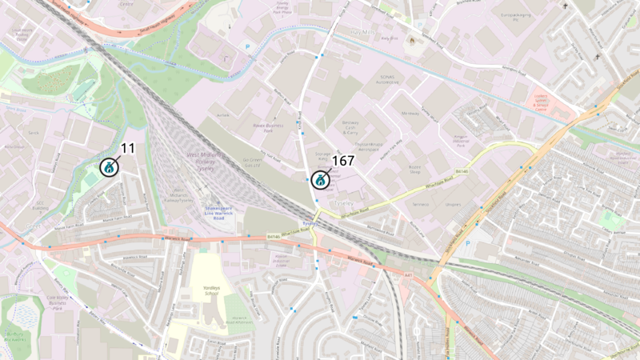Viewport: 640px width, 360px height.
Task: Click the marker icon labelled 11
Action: click(108, 168)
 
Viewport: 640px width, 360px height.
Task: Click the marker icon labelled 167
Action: click(320, 180)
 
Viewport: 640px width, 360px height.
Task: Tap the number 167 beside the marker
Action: click(342, 160)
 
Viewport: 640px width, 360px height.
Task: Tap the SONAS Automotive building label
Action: click(387, 79)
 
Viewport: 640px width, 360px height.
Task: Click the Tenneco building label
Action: click(421, 203)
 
